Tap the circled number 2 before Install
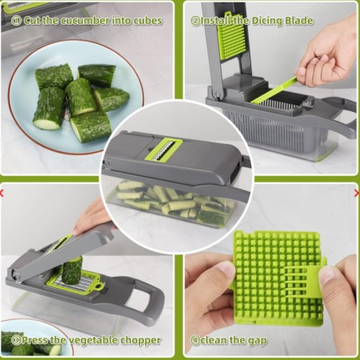pos(195,21)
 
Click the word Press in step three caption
pos(35,340)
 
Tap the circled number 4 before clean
pos(195,341)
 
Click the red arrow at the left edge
pos(2,193)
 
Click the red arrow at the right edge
pos(358,193)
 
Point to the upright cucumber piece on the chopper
pos(72,270)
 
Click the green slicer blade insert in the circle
pos(162,151)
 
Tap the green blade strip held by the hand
pos(274,90)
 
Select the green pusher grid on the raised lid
pos(231,35)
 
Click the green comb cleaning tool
pos(304,279)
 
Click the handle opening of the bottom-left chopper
pos(141,297)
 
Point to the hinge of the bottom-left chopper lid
pos(15,274)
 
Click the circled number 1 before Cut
pos(16,21)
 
